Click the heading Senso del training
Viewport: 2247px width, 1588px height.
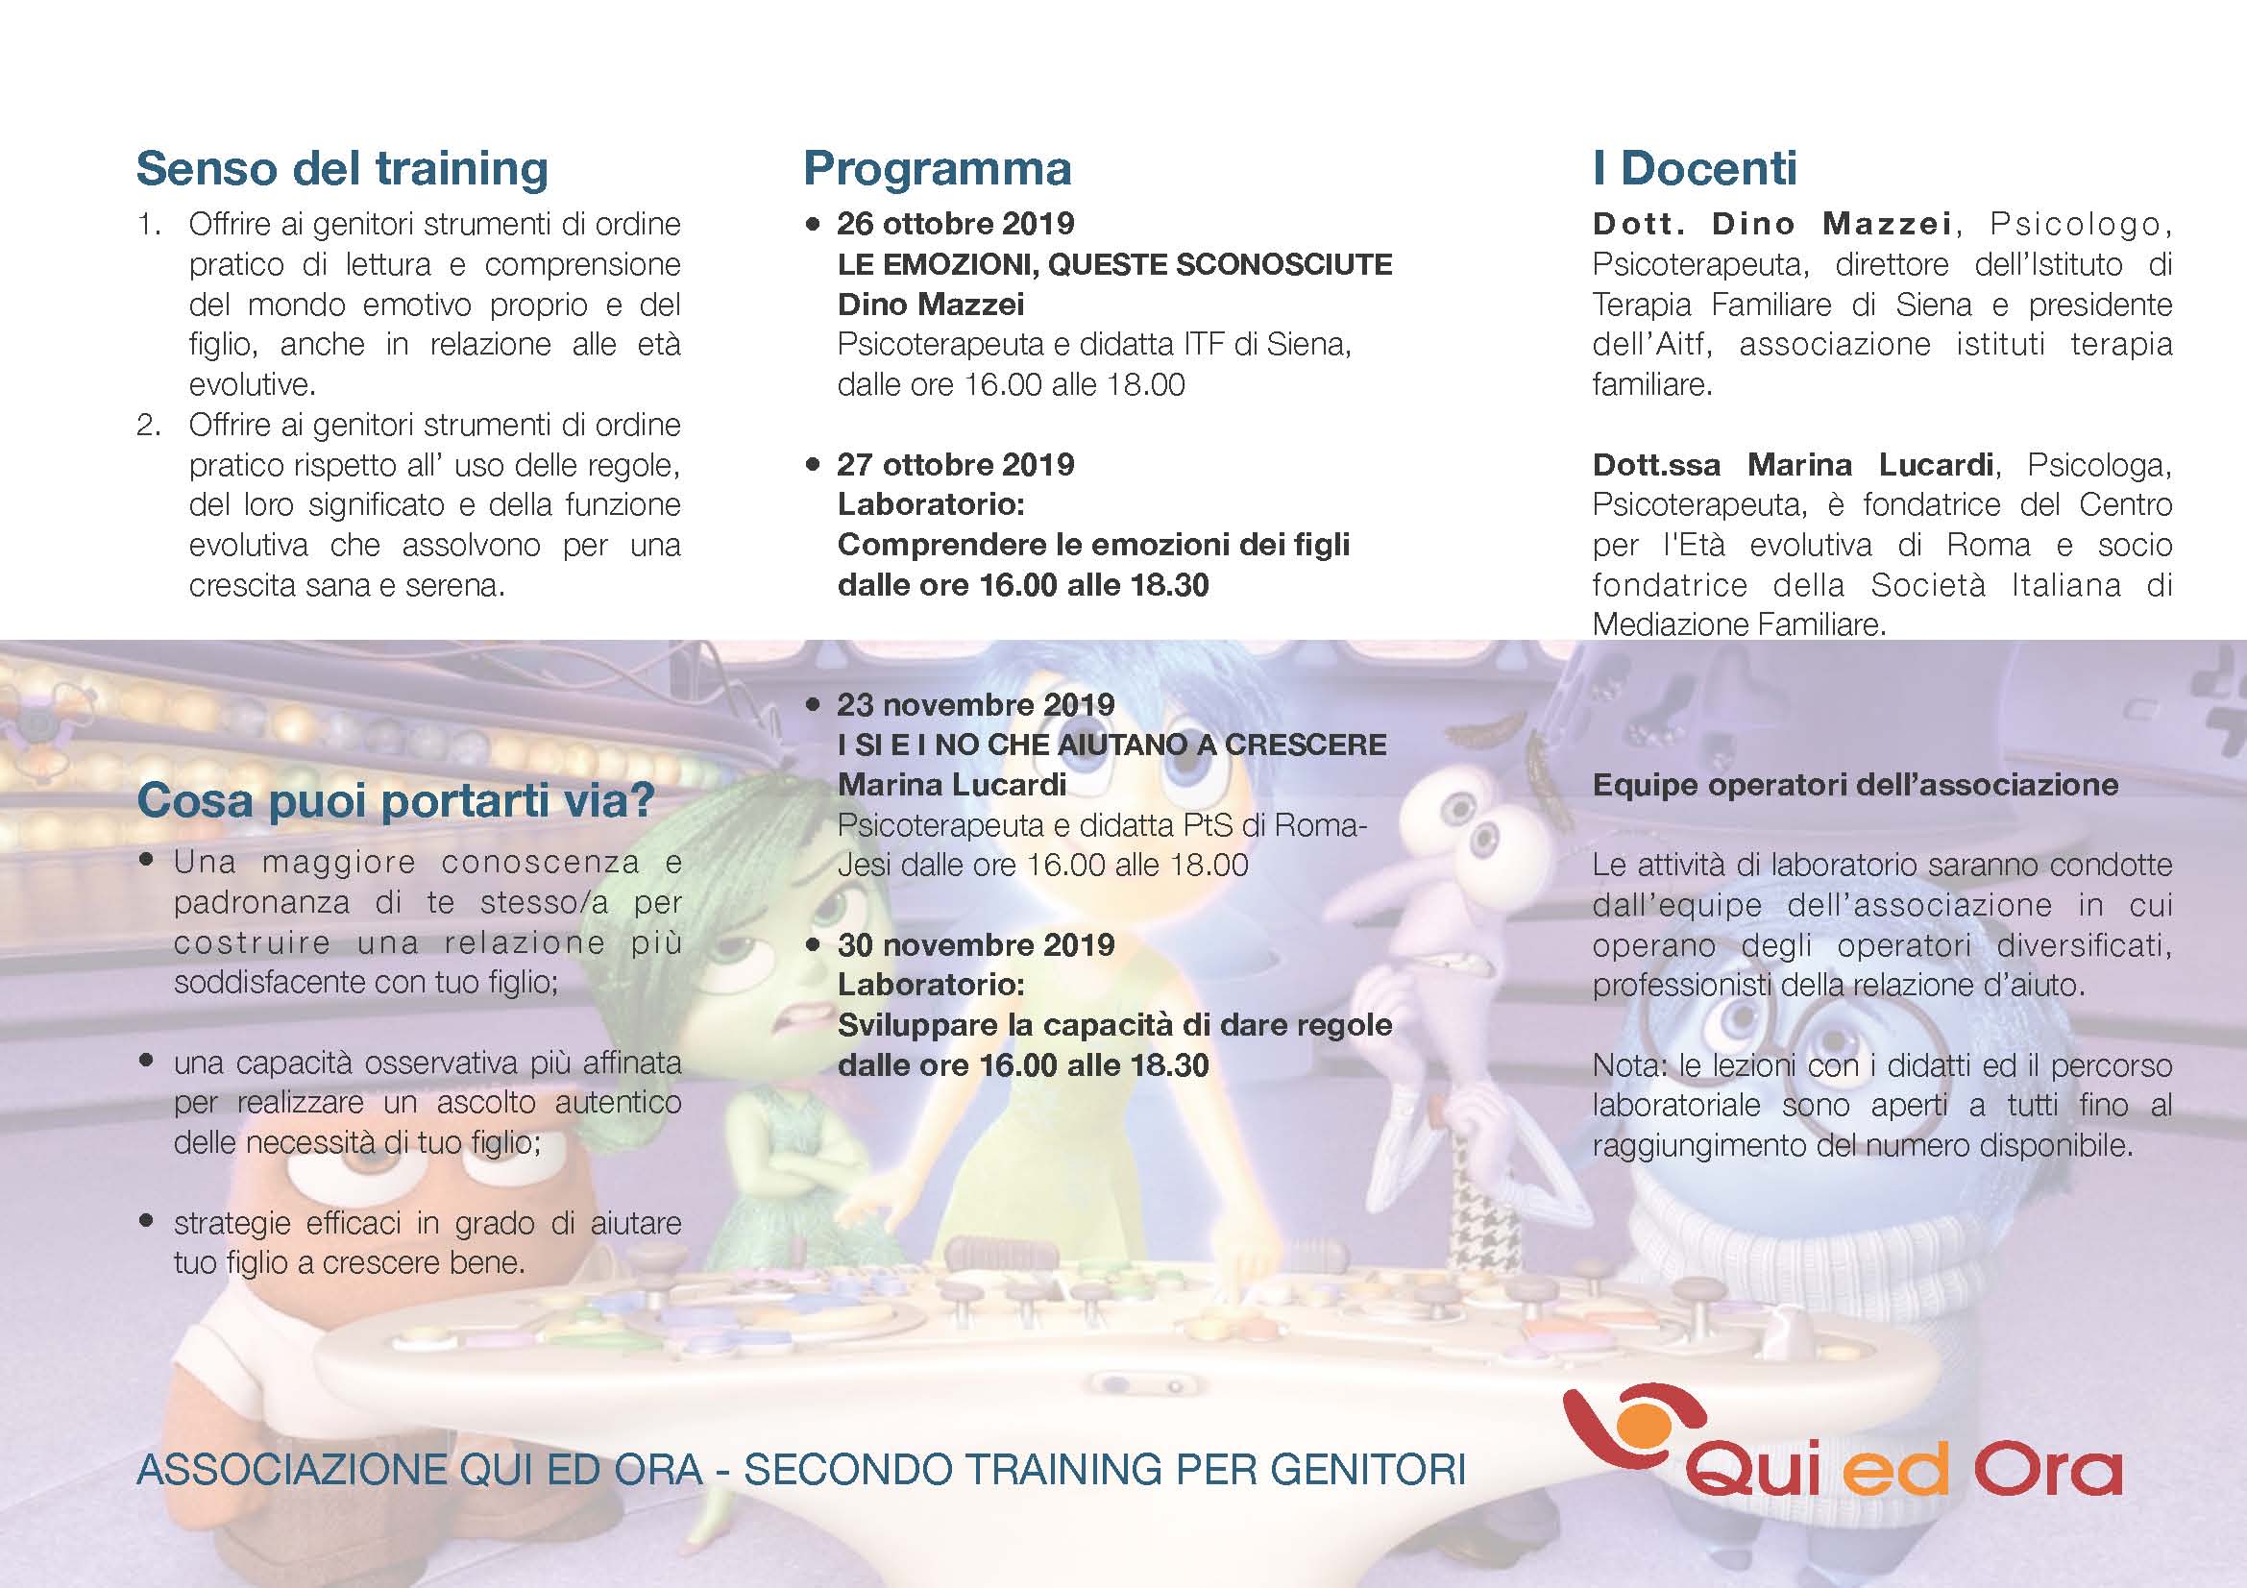[x=342, y=169]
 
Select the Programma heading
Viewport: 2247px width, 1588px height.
[x=938, y=169]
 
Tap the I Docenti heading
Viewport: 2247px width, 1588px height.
[x=1695, y=168]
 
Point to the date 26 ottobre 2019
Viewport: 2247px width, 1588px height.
[x=955, y=224]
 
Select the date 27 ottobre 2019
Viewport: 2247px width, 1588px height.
[x=955, y=464]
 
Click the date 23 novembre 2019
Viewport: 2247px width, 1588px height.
[x=976, y=704]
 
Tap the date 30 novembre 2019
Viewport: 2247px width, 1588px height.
[x=976, y=944]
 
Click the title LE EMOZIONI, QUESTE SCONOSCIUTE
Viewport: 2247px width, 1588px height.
[x=1114, y=265]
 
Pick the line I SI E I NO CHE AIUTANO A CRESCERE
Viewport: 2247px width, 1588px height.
[x=1111, y=745]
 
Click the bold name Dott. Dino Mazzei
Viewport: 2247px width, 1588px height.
[x=1772, y=224]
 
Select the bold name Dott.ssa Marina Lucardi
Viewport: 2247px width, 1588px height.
[x=1793, y=464]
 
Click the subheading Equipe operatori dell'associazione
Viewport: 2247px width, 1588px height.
[x=1856, y=785]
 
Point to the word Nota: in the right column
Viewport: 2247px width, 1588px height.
[x=1629, y=1064]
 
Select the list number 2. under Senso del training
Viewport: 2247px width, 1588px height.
[x=149, y=425]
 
